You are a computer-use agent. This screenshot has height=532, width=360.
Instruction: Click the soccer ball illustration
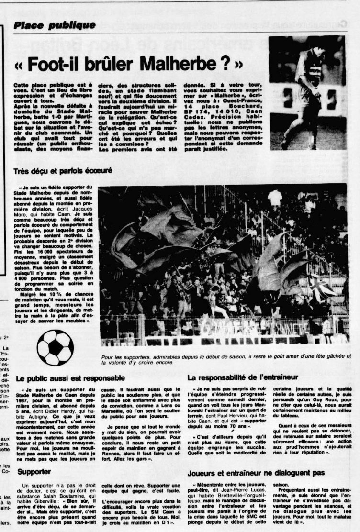(55, 347)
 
